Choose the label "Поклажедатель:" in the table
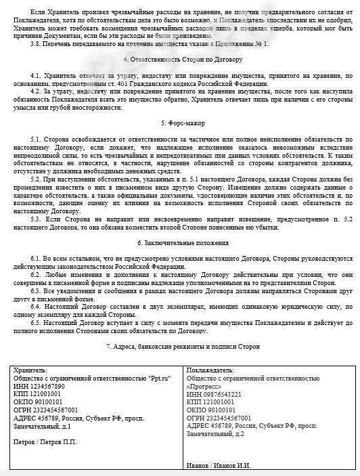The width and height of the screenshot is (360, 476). click(211, 371)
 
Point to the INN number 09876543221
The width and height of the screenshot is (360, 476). click(223, 393)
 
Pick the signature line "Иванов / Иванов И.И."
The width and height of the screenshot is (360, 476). click(221, 465)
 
